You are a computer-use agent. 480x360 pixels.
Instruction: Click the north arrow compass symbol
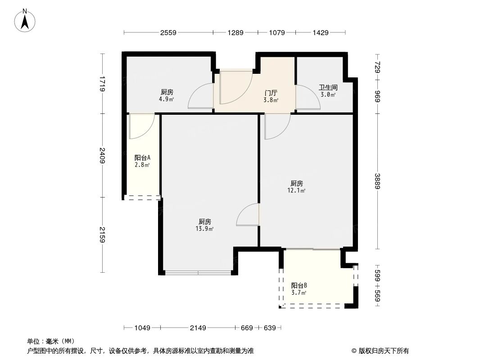(x=26, y=20)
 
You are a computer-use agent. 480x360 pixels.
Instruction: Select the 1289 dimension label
(x=235, y=32)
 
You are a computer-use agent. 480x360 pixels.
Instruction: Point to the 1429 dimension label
(x=320, y=32)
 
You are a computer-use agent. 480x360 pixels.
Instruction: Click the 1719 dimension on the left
(x=103, y=84)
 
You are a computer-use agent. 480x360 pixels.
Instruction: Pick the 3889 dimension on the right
(x=377, y=181)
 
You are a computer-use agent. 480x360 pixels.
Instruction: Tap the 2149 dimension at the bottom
(x=198, y=328)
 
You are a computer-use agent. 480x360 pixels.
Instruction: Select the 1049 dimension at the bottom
(x=142, y=328)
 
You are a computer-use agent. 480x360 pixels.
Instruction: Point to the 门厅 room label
(x=271, y=93)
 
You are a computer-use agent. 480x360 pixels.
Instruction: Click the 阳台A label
(x=142, y=158)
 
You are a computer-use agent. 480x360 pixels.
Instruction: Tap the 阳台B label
(x=299, y=285)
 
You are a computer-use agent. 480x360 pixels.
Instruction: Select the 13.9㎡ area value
(x=205, y=229)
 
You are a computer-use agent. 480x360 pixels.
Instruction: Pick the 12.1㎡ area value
(x=297, y=190)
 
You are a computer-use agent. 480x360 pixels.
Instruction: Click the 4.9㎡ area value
(x=166, y=99)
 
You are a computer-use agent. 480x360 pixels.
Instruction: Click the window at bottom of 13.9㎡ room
(x=198, y=272)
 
